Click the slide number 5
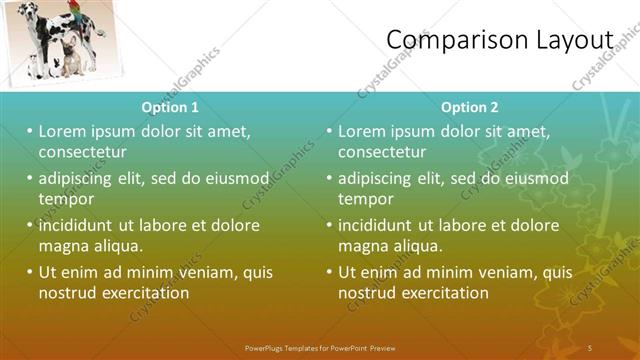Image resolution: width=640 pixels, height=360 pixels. coord(590,347)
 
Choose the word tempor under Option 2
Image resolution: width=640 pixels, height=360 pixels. coord(365,199)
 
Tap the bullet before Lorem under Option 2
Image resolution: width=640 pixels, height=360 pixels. coord(329,131)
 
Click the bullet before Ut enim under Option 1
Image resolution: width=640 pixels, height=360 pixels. coord(29,272)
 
